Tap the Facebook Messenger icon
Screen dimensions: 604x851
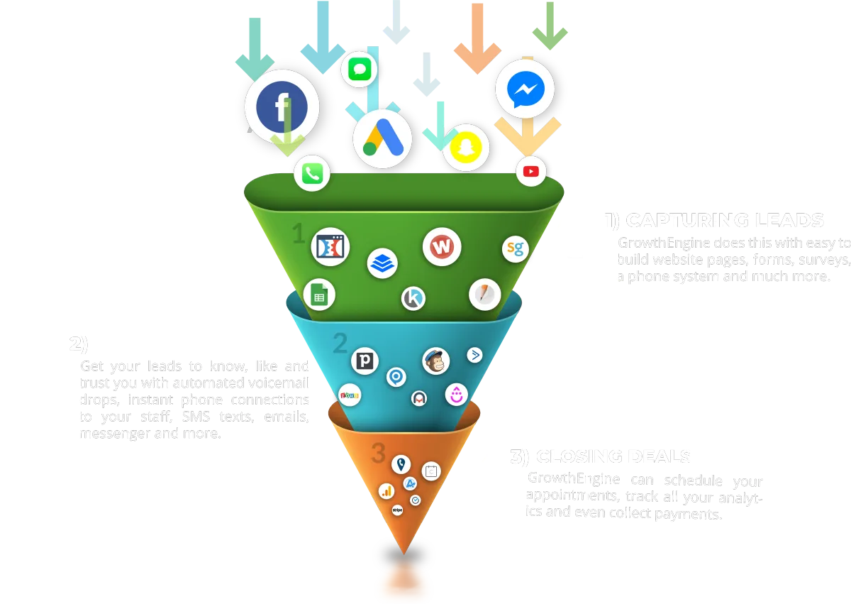tap(525, 89)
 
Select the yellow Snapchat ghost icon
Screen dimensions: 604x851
tap(467, 147)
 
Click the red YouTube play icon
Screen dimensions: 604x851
tap(531, 171)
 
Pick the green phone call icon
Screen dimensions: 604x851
tap(312, 174)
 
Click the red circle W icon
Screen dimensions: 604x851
tap(442, 248)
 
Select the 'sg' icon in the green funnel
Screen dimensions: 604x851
tap(516, 248)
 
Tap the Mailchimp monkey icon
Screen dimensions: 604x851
tap(436, 361)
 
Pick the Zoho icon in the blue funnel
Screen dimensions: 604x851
tap(349, 394)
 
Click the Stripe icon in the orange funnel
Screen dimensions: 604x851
tap(397, 510)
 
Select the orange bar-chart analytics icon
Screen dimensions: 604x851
tap(386, 490)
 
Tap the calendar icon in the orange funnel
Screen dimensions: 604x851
tap(430, 470)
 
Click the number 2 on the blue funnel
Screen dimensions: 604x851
tap(340, 344)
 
